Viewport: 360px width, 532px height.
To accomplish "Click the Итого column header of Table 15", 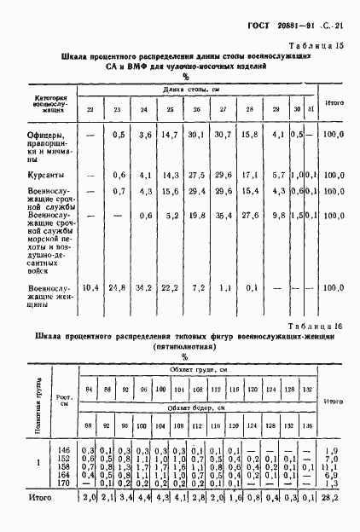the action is click(334, 103).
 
